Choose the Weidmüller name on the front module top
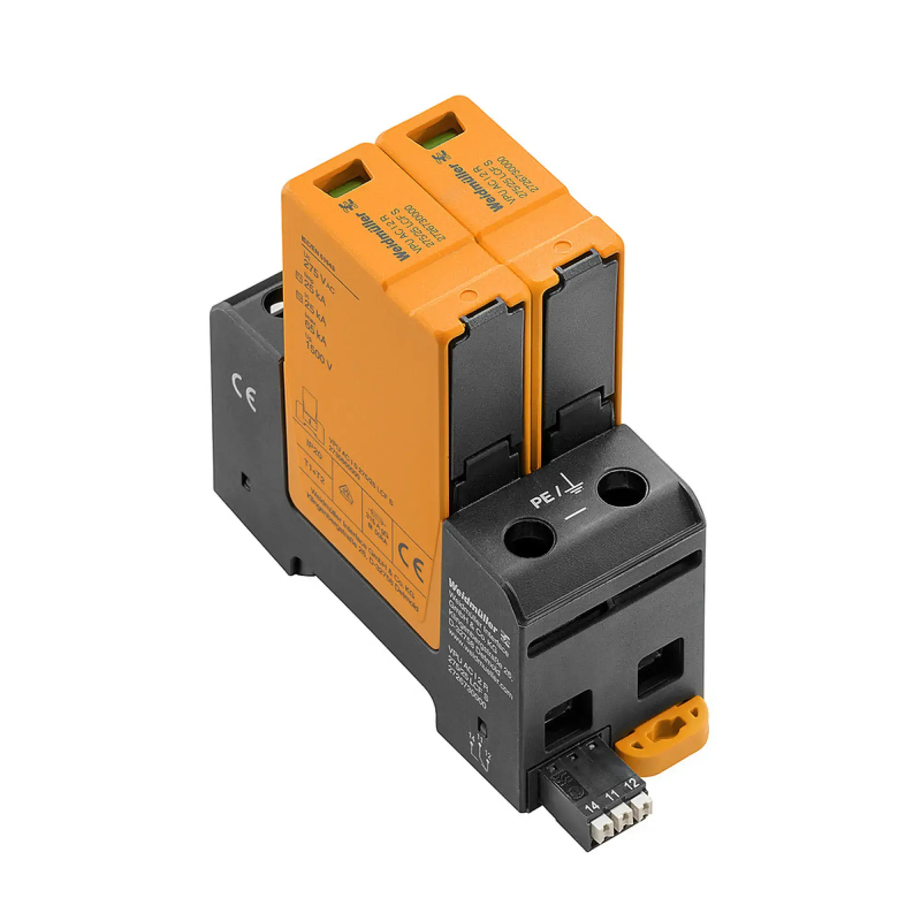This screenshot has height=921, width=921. pyautogui.click(x=382, y=235)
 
